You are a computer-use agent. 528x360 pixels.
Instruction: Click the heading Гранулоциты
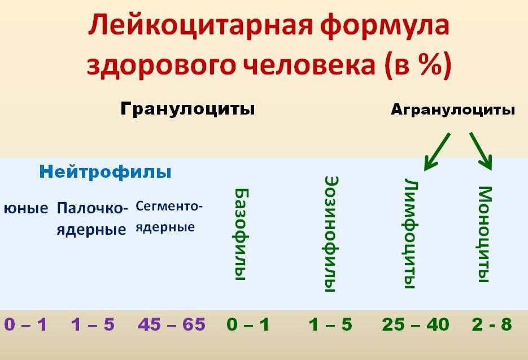187,109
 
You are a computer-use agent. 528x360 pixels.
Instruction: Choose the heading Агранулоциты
453,110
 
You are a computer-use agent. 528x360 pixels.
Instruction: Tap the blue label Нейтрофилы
106,172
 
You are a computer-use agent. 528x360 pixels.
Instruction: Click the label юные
26,208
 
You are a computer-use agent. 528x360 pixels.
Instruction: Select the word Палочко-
93,208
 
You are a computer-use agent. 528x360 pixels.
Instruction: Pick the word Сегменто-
169,206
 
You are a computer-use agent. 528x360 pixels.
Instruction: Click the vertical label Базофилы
241,234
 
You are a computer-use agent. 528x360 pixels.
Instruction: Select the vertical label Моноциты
485,234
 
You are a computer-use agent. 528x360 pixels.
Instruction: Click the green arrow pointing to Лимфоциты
437,151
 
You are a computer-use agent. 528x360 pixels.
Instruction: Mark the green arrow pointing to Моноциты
481,151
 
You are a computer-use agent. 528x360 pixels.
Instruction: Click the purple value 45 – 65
172,324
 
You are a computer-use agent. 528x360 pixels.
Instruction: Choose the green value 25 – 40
416,324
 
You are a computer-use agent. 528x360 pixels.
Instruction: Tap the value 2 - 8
492,324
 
